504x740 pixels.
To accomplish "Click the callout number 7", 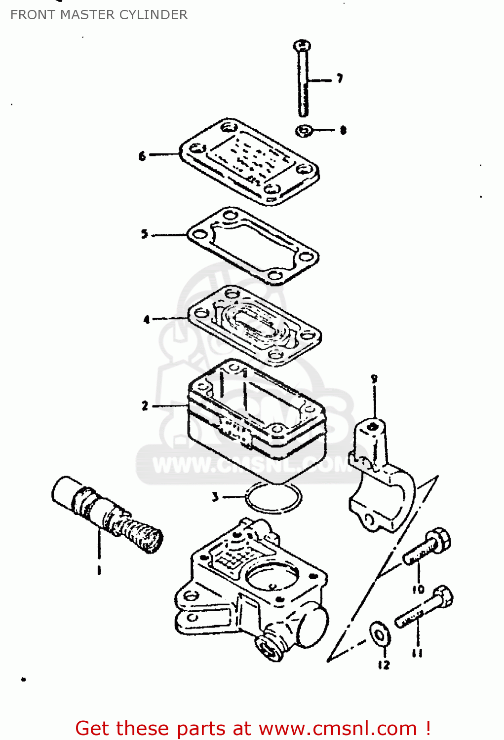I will (x=340, y=78).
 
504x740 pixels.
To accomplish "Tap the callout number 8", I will (x=343, y=130).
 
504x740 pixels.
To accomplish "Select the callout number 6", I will (x=142, y=156).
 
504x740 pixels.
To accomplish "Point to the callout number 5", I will (x=144, y=234).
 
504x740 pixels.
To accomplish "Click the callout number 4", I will (x=147, y=320).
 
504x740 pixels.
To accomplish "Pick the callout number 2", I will (x=145, y=406).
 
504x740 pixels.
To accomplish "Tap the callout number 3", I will (x=215, y=497).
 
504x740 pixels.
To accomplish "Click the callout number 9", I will (x=374, y=379).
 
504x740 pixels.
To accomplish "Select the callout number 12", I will (x=384, y=665).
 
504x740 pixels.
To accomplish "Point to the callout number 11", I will (x=417, y=653).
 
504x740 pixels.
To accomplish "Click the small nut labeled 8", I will (x=305, y=131).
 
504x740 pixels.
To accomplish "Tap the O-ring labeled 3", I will (x=273, y=498).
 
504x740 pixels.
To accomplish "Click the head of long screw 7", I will (x=302, y=46).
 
